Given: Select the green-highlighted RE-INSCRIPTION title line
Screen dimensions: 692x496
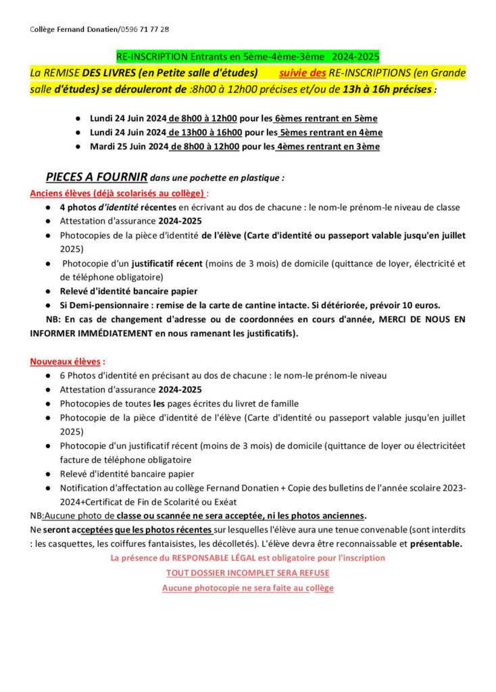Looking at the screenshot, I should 247,58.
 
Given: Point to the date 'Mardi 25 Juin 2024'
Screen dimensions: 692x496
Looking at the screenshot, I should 129,147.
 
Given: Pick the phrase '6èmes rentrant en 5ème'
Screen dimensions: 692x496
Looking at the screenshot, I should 326,118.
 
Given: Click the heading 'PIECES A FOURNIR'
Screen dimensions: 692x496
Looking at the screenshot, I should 97,178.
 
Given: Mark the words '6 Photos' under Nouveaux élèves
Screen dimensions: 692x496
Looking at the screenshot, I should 78,376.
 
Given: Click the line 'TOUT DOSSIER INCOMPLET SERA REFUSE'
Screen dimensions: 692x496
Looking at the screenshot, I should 248,573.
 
